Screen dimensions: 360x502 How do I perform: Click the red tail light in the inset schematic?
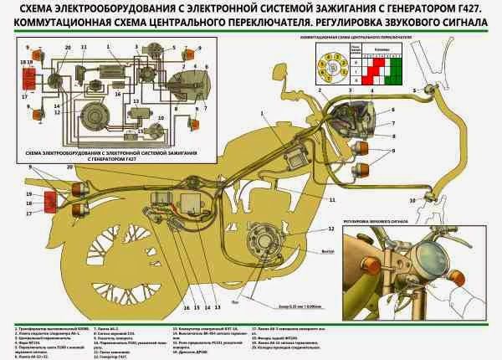click(25, 73)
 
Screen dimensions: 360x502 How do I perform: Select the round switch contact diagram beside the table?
click(327, 65)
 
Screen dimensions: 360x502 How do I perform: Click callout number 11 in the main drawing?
click(332, 200)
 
